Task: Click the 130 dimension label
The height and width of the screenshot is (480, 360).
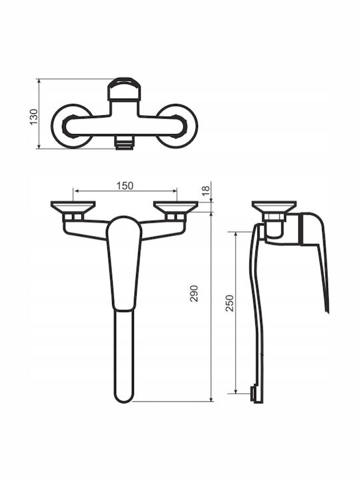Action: [x=34, y=117]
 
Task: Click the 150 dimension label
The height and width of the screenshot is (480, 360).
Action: [x=125, y=186]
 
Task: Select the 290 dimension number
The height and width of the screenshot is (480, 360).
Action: [x=194, y=293]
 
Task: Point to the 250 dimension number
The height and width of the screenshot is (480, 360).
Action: [x=229, y=303]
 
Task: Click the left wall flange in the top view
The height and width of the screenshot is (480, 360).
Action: [x=57, y=126]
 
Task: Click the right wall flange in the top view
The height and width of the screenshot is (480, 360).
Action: [x=192, y=126]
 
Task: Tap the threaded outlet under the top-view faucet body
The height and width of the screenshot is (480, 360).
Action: [x=124, y=143]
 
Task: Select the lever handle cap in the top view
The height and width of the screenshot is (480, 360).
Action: [x=124, y=89]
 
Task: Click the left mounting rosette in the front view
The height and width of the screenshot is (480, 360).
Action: [x=73, y=207]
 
